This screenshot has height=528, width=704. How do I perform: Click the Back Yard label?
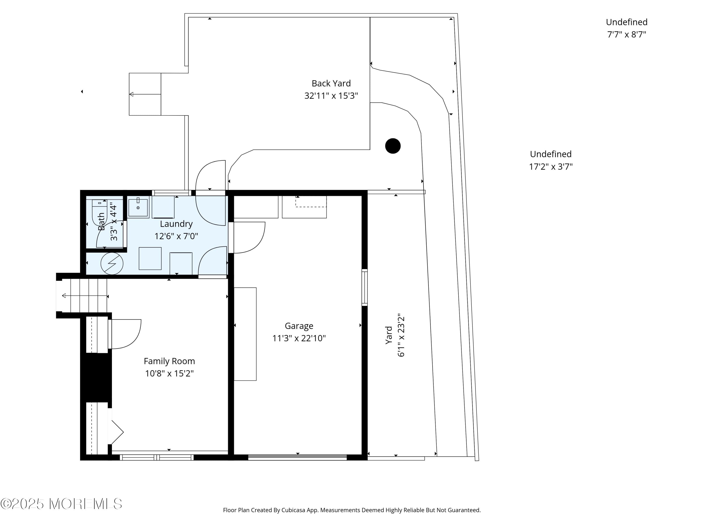pyautogui.click(x=331, y=83)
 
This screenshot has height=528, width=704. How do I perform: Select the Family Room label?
pyautogui.click(x=169, y=361)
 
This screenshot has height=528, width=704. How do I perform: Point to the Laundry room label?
pyautogui.click(x=176, y=224)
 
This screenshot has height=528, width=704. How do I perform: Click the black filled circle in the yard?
pyautogui.click(x=393, y=146)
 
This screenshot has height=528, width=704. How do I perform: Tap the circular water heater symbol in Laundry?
pyautogui.click(x=112, y=264)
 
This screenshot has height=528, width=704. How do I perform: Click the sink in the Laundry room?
pyautogui.click(x=138, y=207)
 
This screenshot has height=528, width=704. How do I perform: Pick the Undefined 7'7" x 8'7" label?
pyautogui.click(x=626, y=28)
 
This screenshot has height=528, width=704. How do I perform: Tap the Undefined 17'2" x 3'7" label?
pyautogui.click(x=551, y=160)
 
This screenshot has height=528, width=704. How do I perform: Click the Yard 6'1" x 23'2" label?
pyautogui.click(x=395, y=337)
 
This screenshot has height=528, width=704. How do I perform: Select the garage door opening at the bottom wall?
pyautogui.click(x=297, y=457)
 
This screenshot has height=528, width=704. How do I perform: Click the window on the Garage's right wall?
pyautogui.click(x=365, y=287)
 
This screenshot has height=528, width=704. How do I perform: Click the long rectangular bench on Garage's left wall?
pyautogui.click(x=245, y=334)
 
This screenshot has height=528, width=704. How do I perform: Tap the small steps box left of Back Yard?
pyautogui.click(x=145, y=94)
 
